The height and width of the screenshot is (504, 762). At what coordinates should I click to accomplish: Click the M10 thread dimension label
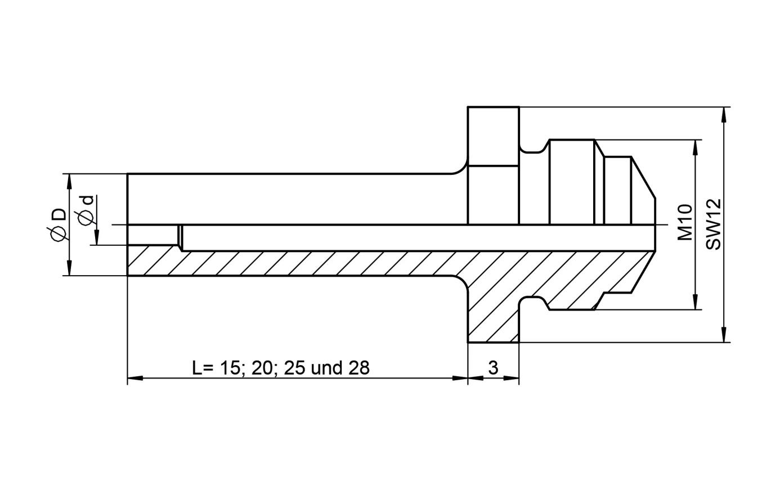[x=684, y=222]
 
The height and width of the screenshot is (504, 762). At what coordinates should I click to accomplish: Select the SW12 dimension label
[x=713, y=224]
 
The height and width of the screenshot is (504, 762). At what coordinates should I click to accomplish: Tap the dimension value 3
[x=493, y=368]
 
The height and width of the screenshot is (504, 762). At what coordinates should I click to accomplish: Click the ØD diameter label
[x=57, y=224]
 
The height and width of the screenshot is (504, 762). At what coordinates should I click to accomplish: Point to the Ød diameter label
[x=86, y=210]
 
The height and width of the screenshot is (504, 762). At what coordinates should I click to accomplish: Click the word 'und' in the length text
[x=327, y=368]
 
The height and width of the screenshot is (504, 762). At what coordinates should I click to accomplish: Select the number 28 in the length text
[x=359, y=368]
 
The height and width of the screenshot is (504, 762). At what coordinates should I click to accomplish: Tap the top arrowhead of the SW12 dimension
[x=724, y=114]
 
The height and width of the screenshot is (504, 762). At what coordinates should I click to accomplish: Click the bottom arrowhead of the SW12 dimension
[x=724, y=335]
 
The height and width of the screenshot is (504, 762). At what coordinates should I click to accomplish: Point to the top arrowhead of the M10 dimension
[x=696, y=147]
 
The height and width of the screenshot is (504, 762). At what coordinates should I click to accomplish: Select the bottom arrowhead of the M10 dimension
[x=696, y=302]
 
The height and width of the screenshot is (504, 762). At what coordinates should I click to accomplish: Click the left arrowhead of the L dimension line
[x=135, y=378]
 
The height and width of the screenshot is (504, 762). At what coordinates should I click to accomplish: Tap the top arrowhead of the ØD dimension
[x=70, y=181]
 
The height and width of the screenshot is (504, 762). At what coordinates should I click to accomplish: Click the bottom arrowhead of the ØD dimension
[x=70, y=268]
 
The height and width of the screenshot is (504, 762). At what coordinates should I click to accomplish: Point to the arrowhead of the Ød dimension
[x=97, y=238]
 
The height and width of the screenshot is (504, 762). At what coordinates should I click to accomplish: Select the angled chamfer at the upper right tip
[x=643, y=178]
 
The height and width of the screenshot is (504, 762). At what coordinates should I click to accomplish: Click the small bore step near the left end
[x=180, y=236]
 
